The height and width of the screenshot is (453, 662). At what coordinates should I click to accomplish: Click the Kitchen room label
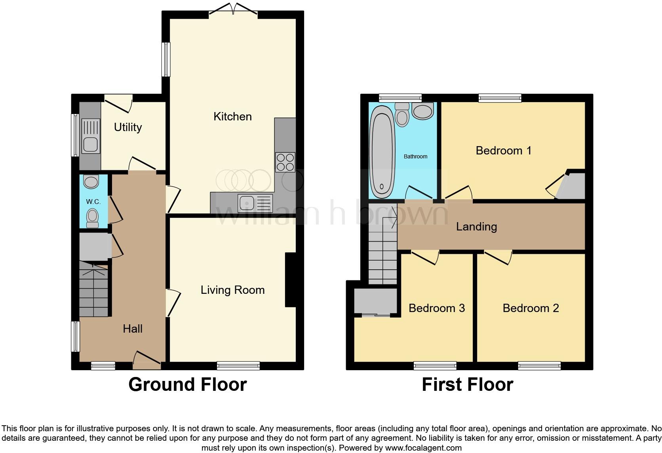[232, 116]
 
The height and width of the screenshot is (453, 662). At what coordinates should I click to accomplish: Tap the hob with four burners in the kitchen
[285, 162]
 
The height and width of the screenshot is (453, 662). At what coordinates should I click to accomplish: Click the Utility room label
[127, 127]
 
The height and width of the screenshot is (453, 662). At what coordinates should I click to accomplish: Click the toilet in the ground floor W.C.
[93, 218]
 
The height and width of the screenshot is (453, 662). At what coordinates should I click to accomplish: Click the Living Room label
[232, 290]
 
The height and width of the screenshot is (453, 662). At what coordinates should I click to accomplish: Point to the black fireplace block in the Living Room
[291, 280]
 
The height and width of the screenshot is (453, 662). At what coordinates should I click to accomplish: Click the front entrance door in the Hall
[147, 360]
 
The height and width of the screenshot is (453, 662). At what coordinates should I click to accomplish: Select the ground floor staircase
[93, 289]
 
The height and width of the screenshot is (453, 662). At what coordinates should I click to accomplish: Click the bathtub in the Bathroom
[382, 152]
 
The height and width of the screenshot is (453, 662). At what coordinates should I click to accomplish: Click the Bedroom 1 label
[503, 150]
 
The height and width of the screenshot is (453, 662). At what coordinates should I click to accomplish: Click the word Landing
[476, 226]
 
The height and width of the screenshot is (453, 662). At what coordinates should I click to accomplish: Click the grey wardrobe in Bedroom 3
[375, 301]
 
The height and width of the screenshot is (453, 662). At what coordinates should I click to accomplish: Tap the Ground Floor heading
[187, 384]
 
